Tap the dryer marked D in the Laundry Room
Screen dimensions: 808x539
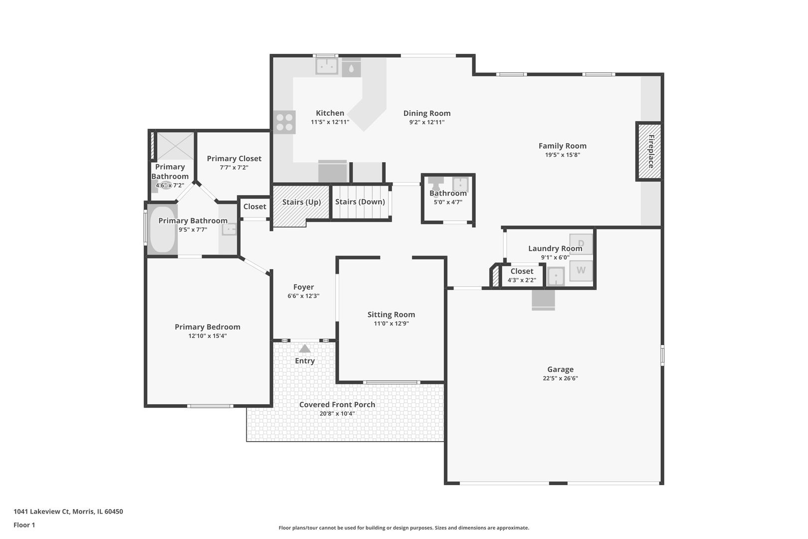tap(581, 244)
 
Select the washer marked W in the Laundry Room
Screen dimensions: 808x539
tap(581, 271)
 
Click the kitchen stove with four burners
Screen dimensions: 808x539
tap(284, 122)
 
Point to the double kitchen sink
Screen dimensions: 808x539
tap(327, 66)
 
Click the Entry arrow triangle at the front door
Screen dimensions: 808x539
tap(305, 348)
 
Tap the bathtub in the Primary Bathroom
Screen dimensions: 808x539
tap(162, 230)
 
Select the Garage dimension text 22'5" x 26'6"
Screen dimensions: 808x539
tap(560, 378)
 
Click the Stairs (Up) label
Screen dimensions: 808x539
tap(302, 202)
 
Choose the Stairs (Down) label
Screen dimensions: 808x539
tap(360, 202)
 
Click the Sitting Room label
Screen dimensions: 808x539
tap(391, 314)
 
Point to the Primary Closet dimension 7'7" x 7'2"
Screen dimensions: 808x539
tap(234, 168)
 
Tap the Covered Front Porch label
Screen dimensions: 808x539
tap(337, 405)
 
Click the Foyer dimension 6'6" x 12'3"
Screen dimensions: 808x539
tap(303, 296)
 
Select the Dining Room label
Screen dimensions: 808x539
tap(427, 113)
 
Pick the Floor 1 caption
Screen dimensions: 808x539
tap(24, 525)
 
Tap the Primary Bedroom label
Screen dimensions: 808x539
tap(207, 327)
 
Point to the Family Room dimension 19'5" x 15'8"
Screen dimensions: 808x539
tap(562, 155)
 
